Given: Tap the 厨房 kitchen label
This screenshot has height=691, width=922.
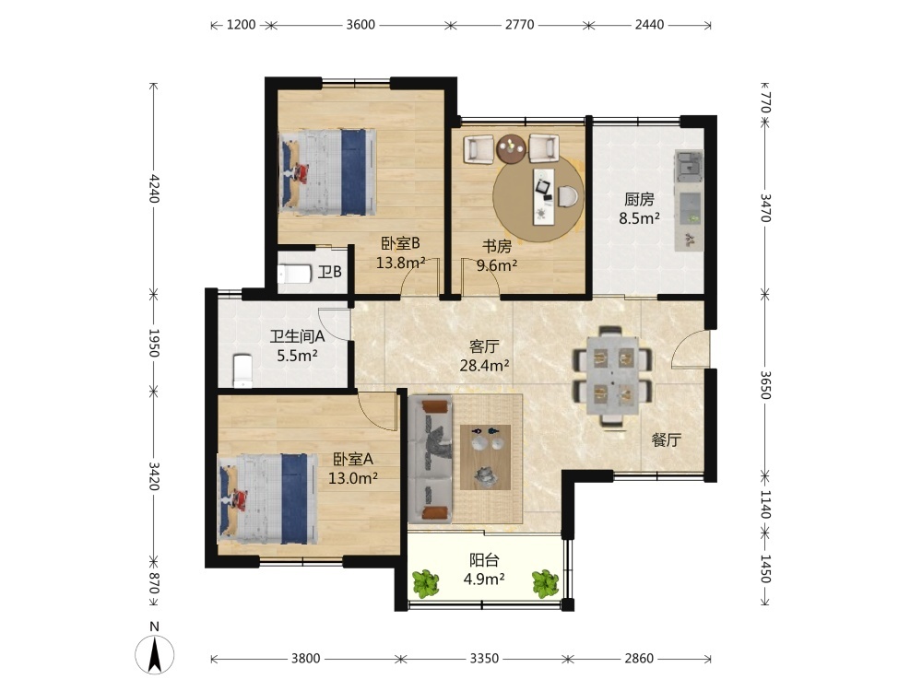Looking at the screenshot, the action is pos(639,200).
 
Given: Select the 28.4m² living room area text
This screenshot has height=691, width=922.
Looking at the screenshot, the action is pos(484,366).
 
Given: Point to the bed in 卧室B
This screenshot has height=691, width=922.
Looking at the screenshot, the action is pos(327,172).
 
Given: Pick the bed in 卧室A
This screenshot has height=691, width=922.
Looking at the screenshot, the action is pos(268,498).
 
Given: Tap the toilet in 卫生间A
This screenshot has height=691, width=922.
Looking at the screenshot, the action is pos(242,370).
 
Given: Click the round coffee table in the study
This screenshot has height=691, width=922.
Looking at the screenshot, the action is pos(511,149).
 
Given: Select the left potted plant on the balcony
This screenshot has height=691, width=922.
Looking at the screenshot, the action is pos(425,583).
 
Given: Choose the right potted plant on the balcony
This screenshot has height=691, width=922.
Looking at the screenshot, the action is pos(545,583).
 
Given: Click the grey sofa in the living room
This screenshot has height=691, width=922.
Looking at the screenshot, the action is pos(431,459).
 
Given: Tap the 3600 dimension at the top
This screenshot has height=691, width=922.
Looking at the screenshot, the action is pos(361,25).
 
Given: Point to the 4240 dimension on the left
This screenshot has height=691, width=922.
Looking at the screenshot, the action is pos(154,187).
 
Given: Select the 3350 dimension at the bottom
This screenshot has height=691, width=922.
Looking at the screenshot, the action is pos(484,658).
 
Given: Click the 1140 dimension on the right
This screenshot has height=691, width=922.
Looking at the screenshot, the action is pos(765,505).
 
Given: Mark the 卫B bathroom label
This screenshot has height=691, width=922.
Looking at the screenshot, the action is pos(329,272).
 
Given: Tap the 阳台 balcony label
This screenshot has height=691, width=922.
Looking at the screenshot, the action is pos(484,560).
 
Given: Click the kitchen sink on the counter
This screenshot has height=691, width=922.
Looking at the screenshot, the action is pos(689,166).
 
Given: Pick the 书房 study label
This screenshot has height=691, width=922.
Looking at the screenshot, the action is pos(497,246).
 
